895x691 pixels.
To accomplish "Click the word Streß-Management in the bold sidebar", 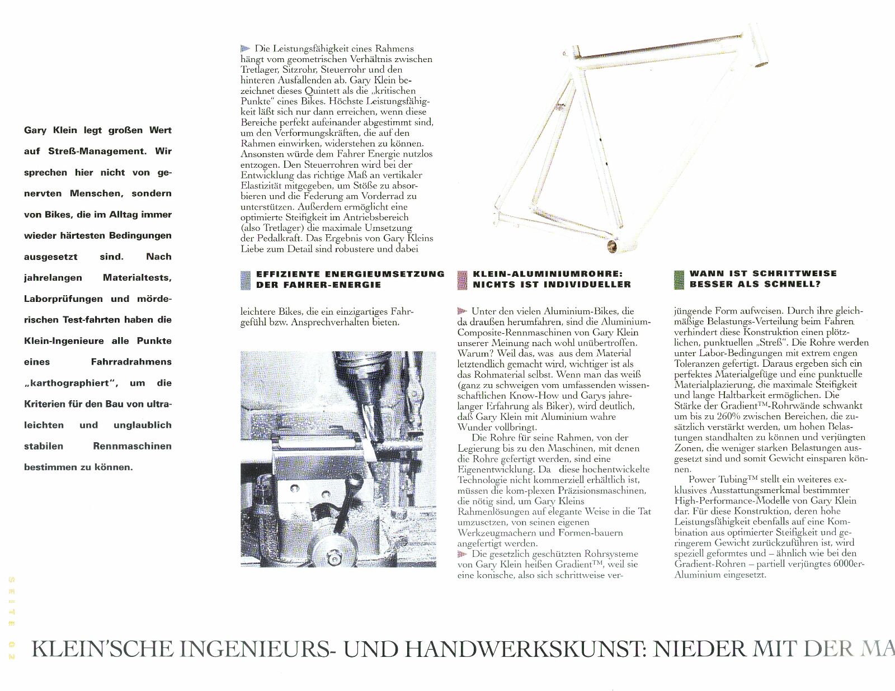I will tap(97, 151).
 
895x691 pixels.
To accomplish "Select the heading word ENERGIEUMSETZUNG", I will tap(384, 274).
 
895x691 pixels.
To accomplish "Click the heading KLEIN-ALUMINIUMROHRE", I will tap(547, 274).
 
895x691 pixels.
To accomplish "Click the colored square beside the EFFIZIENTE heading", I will tap(245, 280).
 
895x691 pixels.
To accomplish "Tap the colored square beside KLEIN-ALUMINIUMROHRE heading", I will tap(462, 280).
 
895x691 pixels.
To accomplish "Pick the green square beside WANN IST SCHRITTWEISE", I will tap(679, 280).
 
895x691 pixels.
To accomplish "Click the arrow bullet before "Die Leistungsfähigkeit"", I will tap(245, 49).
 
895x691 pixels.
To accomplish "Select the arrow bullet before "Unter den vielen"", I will tap(462, 311).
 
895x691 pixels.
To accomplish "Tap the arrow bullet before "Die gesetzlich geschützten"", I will tap(462, 554).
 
